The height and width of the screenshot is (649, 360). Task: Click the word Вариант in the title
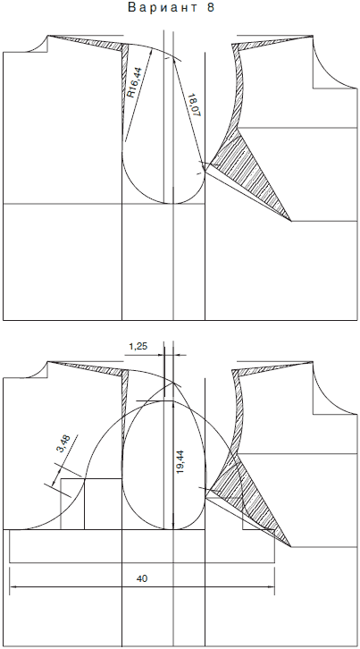(x=163, y=8)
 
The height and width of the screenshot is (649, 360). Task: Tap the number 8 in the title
(x=210, y=8)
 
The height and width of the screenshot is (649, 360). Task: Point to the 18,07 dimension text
(x=194, y=105)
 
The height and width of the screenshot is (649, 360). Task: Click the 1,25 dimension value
(x=138, y=347)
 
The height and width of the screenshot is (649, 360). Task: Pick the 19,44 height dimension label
(x=180, y=462)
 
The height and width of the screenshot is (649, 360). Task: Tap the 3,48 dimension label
(x=64, y=443)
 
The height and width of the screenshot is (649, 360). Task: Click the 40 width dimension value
(x=141, y=578)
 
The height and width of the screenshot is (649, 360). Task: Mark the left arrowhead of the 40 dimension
(x=13, y=587)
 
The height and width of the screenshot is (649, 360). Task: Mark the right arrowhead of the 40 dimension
(x=271, y=587)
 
